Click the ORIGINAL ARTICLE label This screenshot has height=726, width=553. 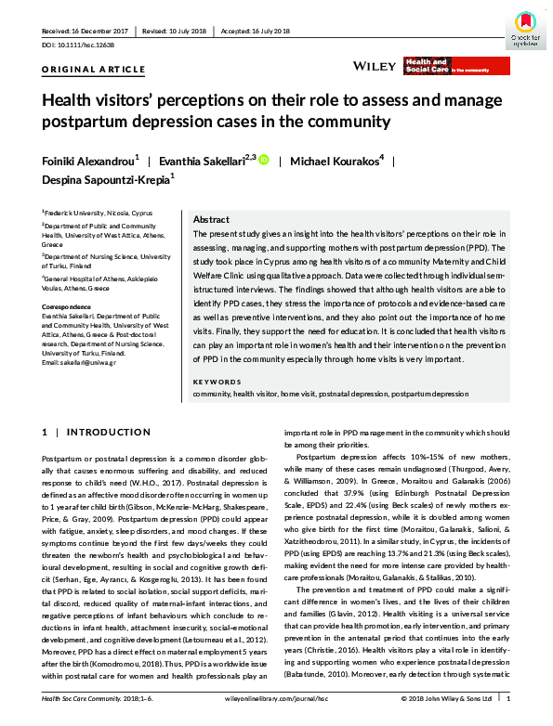click(x=94, y=70)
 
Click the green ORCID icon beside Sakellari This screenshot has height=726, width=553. click(x=263, y=160)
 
